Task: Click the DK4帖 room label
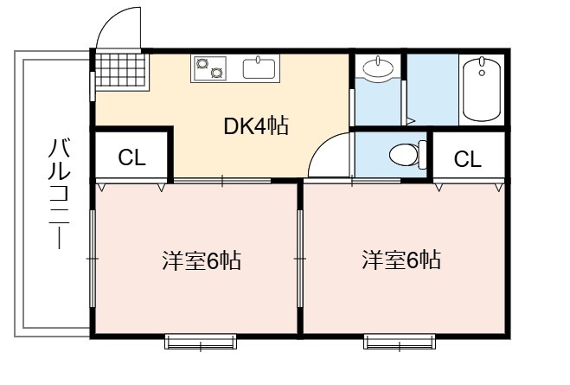pos(256,126)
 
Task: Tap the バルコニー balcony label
pos(60,194)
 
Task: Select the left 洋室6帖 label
pos(202,260)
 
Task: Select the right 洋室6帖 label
pos(401,260)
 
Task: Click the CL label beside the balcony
pos(131,157)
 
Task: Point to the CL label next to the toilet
pos(467,158)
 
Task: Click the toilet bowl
pos(404,155)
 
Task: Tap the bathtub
pos(482,89)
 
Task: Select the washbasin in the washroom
pos(378,67)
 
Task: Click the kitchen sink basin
pos(259,69)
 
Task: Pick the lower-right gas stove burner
pos(216,73)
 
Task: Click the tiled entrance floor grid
pos(122,71)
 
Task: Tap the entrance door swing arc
pos(109,22)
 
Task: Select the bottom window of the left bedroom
pos(201,342)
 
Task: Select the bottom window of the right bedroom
pos(400,342)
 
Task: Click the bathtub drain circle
pos(482,73)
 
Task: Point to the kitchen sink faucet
pos(259,60)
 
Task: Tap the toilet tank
pos(422,155)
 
